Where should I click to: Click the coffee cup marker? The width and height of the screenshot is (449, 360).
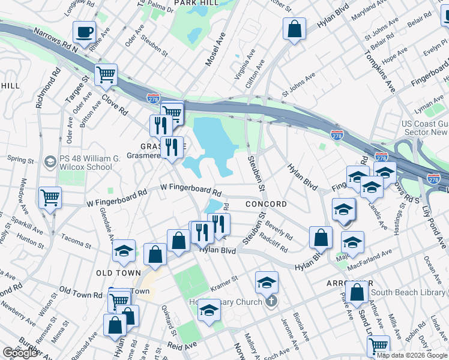click(x=85, y=32)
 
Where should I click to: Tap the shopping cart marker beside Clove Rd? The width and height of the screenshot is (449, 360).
click(x=106, y=74)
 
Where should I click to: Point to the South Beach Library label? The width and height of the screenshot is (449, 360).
click(x=408, y=292)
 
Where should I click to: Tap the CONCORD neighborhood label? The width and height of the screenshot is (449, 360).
click(x=266, y=205)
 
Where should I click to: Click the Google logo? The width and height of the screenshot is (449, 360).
click(x=20, y=353)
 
